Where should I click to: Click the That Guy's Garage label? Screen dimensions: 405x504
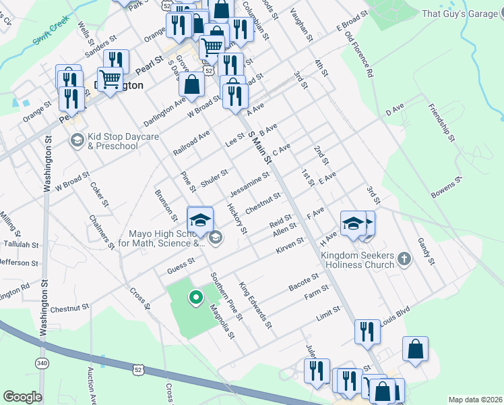[x=460, y=13]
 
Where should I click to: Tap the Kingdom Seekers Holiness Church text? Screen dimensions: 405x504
[x=356, y=260]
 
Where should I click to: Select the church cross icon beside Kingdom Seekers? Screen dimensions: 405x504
[x=404, y=258]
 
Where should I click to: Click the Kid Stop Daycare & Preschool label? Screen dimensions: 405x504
[x=123, y=141]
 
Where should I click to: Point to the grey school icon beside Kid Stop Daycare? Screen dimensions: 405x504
[x=77, y=140]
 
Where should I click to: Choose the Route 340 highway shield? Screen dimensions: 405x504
[x=42, y=363]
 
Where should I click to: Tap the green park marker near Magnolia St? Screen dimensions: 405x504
[x=196, y=296]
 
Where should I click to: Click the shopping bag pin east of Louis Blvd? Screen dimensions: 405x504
[x=416, y=350]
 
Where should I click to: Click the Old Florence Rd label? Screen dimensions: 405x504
[x=359, y=54]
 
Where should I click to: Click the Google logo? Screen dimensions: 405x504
[x=22, y=397]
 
